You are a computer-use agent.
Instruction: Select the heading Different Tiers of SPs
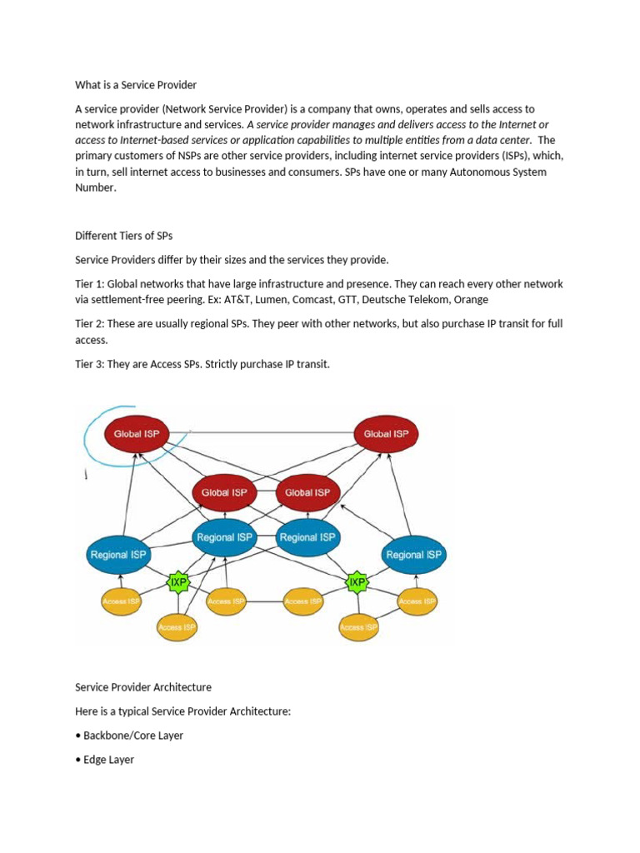coord(123,236)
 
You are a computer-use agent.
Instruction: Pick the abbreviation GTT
coord(337,299)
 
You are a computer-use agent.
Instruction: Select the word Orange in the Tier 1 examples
coord(472,299)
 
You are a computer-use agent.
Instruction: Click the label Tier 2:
coord(90,323)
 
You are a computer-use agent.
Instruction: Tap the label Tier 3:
coord(90,364)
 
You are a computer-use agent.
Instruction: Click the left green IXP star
coord(178,582)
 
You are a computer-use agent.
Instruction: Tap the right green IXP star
coord(357,581)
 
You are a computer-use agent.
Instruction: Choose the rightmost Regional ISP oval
coord(414,555)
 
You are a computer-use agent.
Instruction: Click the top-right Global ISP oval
coord(386,434)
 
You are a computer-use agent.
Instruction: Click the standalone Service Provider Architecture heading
coord(143,687)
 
